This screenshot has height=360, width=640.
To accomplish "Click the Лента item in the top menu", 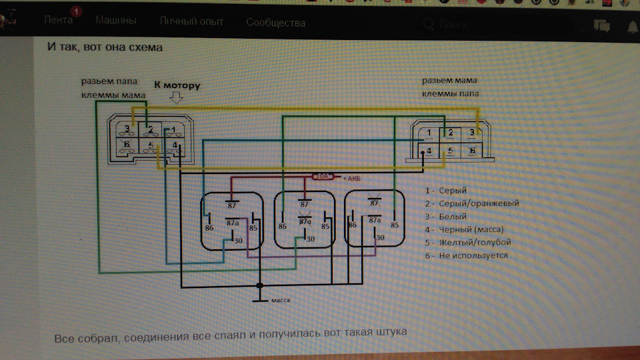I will click(x=58, y=21).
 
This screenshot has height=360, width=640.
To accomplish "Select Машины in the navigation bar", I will click(x=116, y=21).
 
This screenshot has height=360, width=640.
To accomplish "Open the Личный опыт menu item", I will click(x=191, y=22).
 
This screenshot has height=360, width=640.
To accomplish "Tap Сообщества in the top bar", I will click(x=275, y=23).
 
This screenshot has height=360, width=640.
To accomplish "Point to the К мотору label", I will click(x=177, y=86).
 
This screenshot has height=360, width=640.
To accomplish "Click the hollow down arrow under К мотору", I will click(x=177, y=99).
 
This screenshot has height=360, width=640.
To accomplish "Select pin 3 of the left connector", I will click(x=126, y=128).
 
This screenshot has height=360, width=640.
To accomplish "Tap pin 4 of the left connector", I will click(x=175, y=145).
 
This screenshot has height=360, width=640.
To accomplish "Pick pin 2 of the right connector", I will click(x=451, y=133).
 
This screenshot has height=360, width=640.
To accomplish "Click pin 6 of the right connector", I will click(x=472, y=151).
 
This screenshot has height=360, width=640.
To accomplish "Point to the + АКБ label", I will click(x=352, y=179).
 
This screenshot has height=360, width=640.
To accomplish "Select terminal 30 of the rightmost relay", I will click(x=380, y=237).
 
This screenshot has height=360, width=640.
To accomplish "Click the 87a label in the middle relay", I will click(x=305, y=221).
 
